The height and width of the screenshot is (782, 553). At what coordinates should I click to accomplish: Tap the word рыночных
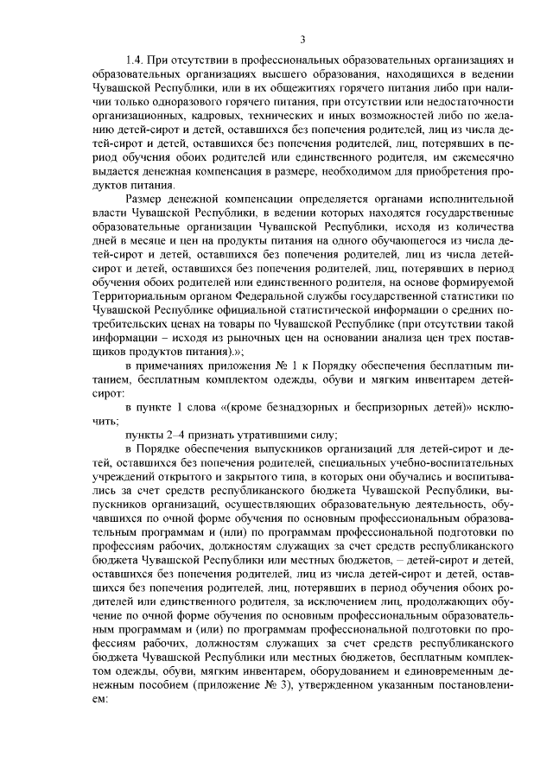(251, 337)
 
